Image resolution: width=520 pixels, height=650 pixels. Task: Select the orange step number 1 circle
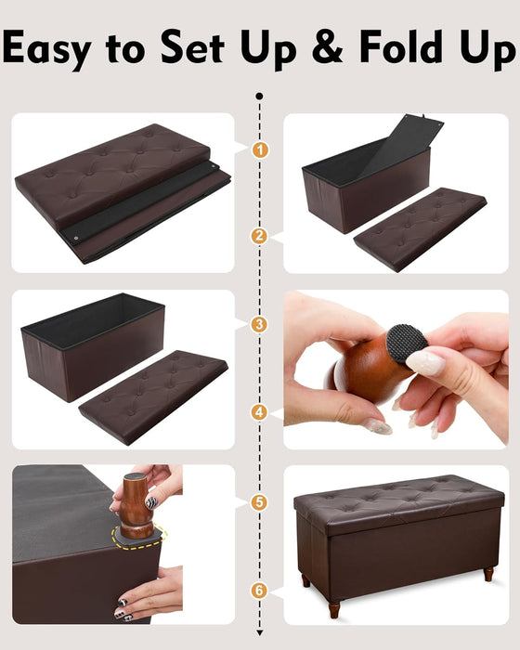tap(260, 149)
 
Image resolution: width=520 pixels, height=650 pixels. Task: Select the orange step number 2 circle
tap(260, 237)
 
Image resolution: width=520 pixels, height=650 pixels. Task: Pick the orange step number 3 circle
tap(260, 324)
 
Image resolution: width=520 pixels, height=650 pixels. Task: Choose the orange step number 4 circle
tap(260, 412)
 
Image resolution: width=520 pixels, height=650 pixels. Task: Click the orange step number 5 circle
tap(260, 501)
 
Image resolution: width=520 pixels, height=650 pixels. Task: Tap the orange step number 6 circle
tap(260, 589)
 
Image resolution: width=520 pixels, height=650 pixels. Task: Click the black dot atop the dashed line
tap(260, 96)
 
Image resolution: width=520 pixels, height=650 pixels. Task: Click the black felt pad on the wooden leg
tap(405, 343)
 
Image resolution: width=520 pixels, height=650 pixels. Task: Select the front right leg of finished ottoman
tap(487, 573)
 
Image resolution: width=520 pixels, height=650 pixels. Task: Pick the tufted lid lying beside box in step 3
tap(153, 395)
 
